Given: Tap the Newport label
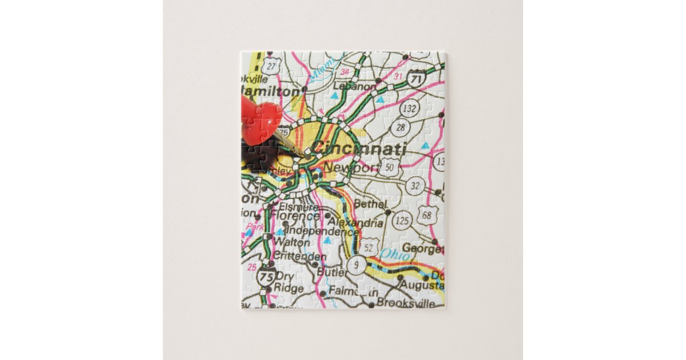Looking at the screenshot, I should point(351,167).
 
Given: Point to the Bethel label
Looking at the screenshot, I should point(370,203).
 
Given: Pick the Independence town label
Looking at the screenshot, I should point(322,231).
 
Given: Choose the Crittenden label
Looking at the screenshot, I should point(300,257).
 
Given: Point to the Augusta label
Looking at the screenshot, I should point(422,285).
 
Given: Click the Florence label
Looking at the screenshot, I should point(295,216).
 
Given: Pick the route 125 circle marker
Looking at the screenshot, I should point(402,219).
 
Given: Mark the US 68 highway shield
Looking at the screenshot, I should point(425,215).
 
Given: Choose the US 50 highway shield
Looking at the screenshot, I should point(390,167).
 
